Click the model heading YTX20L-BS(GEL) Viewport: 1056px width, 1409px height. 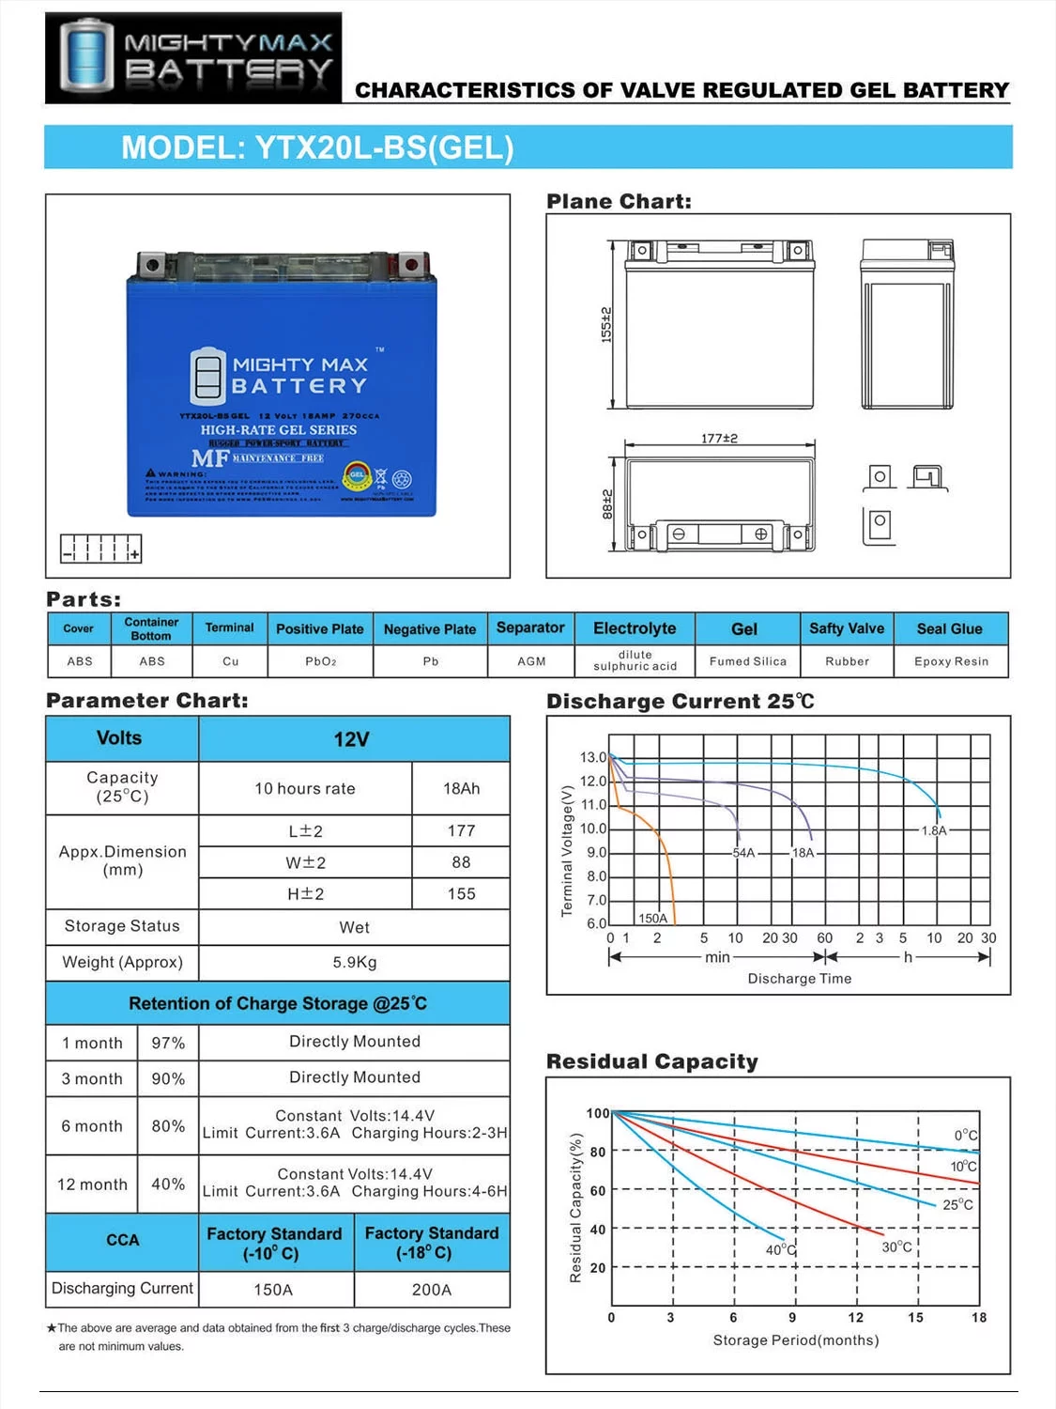[317, 148]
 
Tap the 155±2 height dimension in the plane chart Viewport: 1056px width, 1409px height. [606, 323]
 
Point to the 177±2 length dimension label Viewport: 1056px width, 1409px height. [719, 438]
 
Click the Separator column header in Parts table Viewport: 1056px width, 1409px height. [530, 627]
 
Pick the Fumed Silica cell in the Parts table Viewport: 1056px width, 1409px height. [747, 661]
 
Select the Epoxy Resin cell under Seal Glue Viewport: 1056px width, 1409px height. [951, 661]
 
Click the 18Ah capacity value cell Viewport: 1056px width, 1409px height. [461, 788]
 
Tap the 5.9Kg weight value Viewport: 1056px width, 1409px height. [354, 962]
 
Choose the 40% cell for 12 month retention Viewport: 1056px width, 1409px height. [168, 1184]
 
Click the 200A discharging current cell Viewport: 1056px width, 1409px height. [432, 1290]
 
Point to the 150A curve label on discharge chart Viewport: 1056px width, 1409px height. [652, 918]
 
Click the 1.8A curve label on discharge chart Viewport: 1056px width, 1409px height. [934, 830]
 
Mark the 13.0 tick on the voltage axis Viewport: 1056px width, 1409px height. [592, 757]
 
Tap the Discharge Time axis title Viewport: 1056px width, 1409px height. [800, 978]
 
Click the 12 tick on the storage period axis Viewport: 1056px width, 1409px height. [855, 1317]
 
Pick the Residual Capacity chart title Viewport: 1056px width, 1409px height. [652, 1061]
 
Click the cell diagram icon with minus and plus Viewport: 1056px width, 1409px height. [100, 548]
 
